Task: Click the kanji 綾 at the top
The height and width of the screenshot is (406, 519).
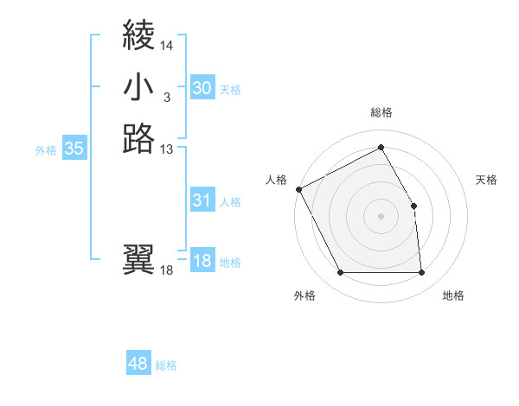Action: click(x=139, y=35)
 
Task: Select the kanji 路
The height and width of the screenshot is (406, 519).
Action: click(x=139, y=138)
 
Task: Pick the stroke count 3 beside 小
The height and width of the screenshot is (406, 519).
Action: click(x=166, y=97)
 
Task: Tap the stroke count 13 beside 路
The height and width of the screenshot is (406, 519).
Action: click(x=166, y=149)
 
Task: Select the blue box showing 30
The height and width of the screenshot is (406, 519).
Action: click(x=202, y=88)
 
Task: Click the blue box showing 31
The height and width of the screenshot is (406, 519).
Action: click(x=202, y=200)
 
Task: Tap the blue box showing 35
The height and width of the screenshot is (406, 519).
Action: click(x=74, y=149)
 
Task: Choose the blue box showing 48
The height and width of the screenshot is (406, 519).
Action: click(x=138, y=364)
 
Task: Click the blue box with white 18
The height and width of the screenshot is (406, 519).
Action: click(x=202, y=261)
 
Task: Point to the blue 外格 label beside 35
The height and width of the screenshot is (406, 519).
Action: click(x=46, y=149)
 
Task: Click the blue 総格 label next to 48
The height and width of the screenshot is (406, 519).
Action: click(x=166, y=365)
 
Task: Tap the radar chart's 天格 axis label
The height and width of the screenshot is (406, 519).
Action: click(x=487, y=180)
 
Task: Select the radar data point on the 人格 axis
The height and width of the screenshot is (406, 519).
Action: click(x=298, y=188)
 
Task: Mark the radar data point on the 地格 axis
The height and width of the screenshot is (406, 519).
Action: click(x=422, y=273)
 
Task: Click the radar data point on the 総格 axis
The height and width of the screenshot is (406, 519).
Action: click(x=381, y=147)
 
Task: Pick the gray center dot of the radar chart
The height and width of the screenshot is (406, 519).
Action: click(x=381, y=215)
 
